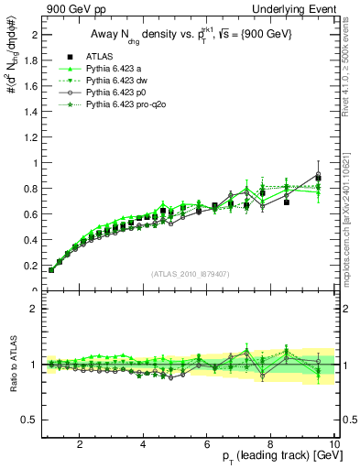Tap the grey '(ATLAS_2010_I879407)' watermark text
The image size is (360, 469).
(190, 272)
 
